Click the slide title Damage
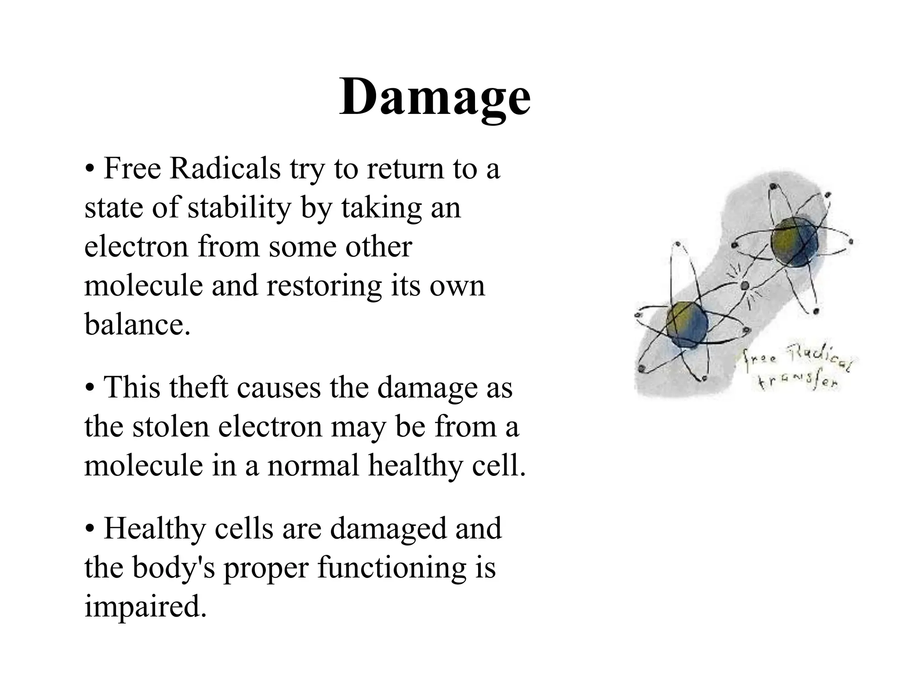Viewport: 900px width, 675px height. [x=435, y=98]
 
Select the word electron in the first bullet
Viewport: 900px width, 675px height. [x=137, y=247]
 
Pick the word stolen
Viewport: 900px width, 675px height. [x=171, y=427]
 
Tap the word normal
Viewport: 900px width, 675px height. [x=313, y=466]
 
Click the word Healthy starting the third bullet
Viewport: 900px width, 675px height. [x=155, y=529]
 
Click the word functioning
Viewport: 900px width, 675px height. [x=392, y=568]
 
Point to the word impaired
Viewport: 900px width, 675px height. [x=145, y=607]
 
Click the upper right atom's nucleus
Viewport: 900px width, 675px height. [x=795, y=242]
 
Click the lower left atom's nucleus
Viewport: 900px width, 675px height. [x=687, y=324]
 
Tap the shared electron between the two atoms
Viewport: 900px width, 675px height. [x=744, y=286]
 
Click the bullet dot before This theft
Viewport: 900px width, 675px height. [x=90, y=388]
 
